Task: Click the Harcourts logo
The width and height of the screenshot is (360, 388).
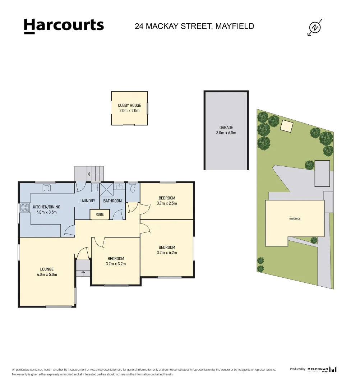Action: click(64, 26)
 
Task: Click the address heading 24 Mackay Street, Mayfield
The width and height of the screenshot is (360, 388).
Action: click(194, 26)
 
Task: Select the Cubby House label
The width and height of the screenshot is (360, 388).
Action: click(129, 108)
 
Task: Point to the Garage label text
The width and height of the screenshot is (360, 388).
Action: click(226, 130)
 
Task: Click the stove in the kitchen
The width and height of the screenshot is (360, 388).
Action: click(25, 207)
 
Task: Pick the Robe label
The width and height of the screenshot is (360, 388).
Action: click(100, 214)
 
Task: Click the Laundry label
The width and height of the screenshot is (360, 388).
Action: click(87, 201)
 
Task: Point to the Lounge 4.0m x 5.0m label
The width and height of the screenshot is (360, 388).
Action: click(47, 272)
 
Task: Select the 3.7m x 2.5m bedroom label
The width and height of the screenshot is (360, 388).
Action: click(167, 200)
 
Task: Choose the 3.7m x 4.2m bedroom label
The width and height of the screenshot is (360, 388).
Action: click(167, 250)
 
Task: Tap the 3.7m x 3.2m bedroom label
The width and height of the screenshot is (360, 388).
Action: click(116, 261)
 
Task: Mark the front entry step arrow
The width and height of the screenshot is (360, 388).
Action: click(83, 273)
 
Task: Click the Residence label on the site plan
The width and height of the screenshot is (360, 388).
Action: click(294, 219)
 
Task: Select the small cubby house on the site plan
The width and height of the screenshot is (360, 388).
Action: click(286, 126)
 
